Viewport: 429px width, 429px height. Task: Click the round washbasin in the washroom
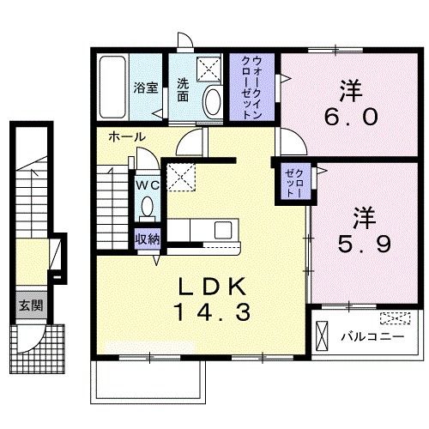pos(211,102)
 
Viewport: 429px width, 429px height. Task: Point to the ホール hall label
pos(126,137)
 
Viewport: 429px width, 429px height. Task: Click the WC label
pos(144,183)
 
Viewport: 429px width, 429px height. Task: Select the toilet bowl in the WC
pos(147,206)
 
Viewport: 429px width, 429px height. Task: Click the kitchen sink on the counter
pos(221,231)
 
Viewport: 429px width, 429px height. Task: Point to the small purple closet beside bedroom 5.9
pos(288,182)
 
